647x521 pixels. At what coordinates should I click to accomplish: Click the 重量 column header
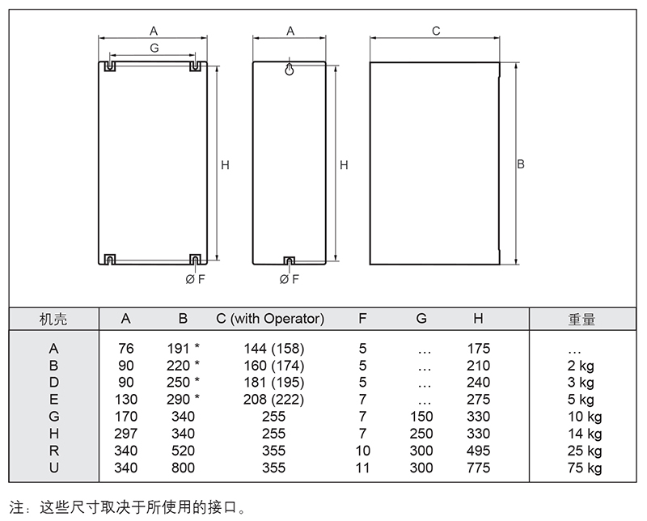pyautogui.click(x=581, y=320)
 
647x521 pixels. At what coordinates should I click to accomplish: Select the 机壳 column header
pyautogui.click(x=53, y=320)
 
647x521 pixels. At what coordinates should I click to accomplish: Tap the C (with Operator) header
pyautogui.click(x=270, y=319)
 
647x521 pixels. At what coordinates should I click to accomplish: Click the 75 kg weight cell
pyautogui.click(x=585, y=468)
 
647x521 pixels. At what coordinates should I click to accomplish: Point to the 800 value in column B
pyautogui.click(x=184, y=468)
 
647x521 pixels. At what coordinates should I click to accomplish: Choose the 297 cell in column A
pyautogui.click(x=126, y=434)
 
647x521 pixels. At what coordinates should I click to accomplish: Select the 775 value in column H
pyautogui.click(x=479, y=468)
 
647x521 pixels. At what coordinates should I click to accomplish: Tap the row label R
pyautogui.click(x=54, y=451)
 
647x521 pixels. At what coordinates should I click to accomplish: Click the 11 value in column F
pyautogui.click(x=362, y=468)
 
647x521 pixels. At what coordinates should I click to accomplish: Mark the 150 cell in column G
pyautogui.click(x=421, y=417)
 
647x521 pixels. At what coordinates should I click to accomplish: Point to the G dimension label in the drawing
pyautogui.click(x=154, y=49)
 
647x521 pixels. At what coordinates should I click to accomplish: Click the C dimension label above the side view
pyautogui.click(x=436, y=31)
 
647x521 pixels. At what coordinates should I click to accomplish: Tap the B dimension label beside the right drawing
pyautogui.click(x=522, y=163)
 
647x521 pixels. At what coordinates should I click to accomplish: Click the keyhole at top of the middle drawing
pyautogui.click(x=290, y=70)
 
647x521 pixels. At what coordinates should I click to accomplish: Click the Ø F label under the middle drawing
pyautogui.click(x=289, y=279)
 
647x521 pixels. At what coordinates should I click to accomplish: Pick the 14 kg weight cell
pyautogui.click(x=585, y=434)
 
